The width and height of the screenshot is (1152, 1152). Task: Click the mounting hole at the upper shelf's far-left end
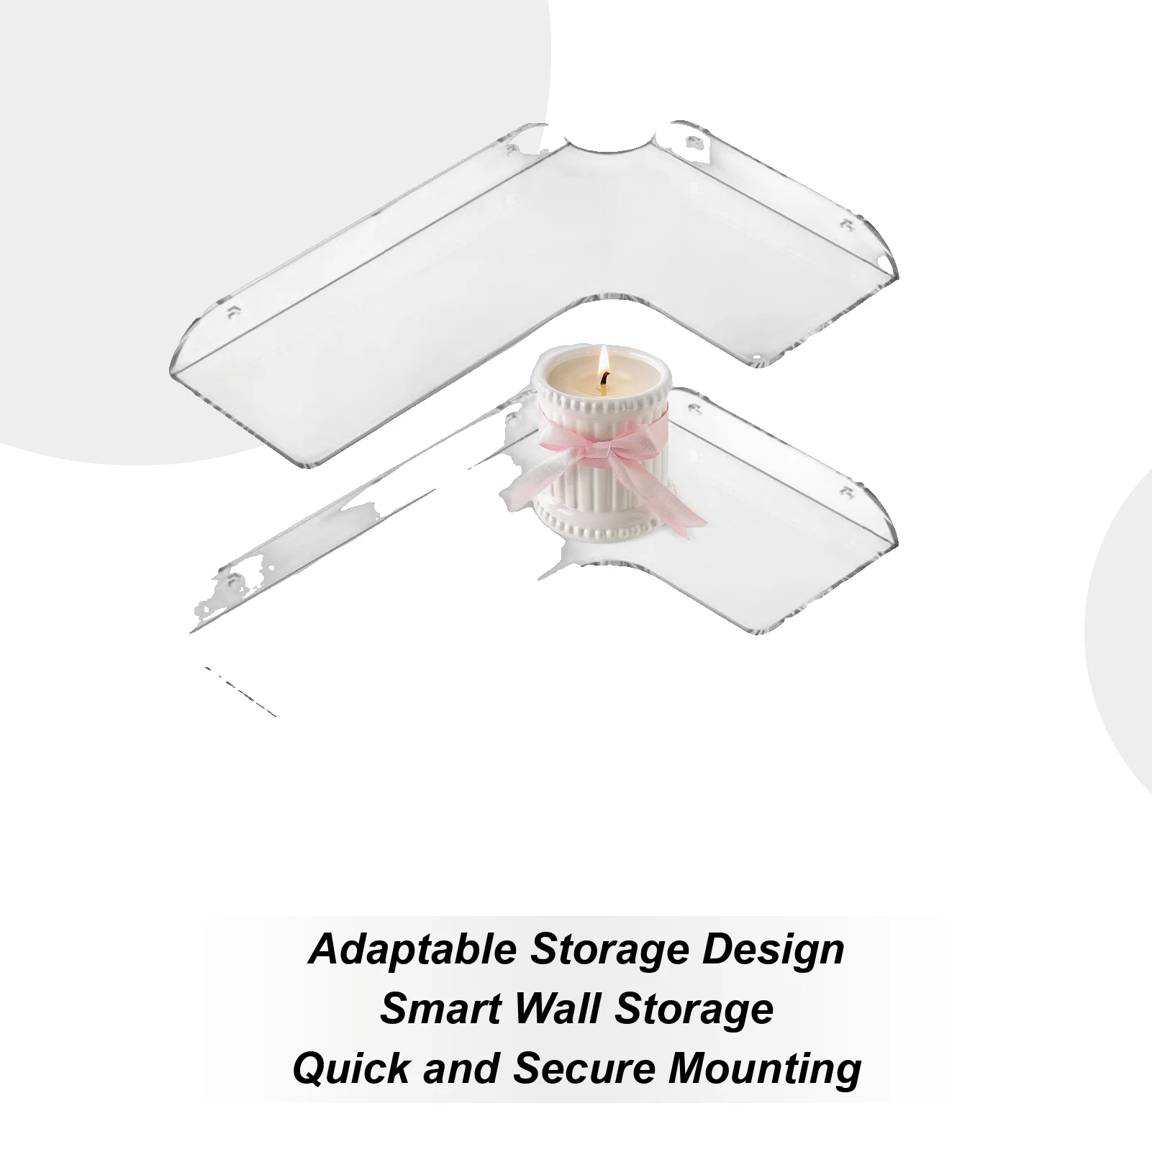click(x=232, y=312)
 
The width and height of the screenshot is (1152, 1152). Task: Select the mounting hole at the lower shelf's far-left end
click(x=232, y=580)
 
